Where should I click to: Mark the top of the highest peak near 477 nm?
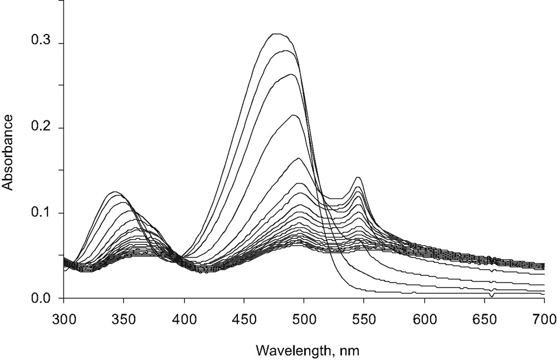coord(277,34)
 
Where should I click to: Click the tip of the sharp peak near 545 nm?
coord(358,177)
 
